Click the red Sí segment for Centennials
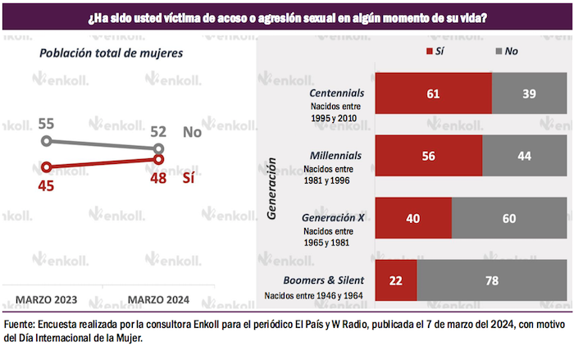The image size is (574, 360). [x=433, y=93]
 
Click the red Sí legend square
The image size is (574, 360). [x=427, y=51]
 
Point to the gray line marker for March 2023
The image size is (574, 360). [x=47, y=141]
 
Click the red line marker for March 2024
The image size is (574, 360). [x=159, y=159]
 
